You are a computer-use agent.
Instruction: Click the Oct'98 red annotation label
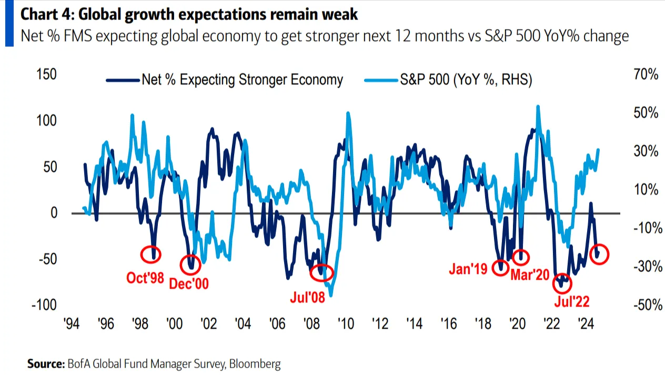[145, 278]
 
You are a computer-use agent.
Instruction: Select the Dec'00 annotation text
[189, 284]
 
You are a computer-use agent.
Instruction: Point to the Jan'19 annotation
[468, 269]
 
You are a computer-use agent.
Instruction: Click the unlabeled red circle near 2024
[600, 254]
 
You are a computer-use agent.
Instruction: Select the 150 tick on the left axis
[46, 74]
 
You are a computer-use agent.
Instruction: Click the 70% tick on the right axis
[646, 75]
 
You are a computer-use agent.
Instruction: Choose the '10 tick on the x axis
[345, 323]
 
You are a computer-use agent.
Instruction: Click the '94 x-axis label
[72, 323]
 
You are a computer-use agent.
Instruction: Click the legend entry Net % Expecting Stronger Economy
[242, 80]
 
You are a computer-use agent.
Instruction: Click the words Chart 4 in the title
[44, 14]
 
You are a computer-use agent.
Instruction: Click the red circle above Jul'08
[321, 272]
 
